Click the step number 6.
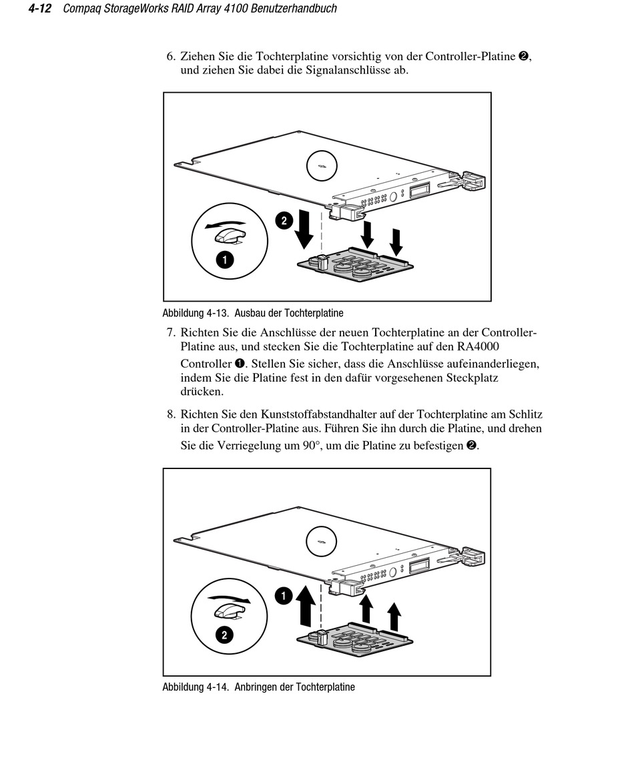click(x=171, y=57)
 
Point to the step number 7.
click(x=171, y=332)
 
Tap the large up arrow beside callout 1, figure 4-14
click(x=306, y=605)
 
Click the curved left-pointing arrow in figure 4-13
click(x=224, y=224)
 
